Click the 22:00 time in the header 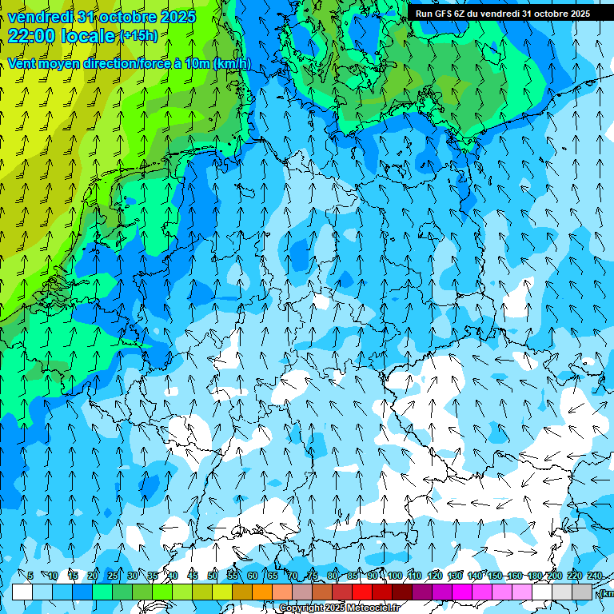tap(31, 36)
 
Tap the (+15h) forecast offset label tap(138, 35)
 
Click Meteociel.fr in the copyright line tap(372, 608)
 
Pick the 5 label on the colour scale tap(30, 576)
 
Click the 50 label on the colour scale tap(213, 576)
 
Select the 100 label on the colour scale tap(394, 576)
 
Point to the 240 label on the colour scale tap(594, 576)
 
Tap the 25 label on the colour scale tap(112, 576)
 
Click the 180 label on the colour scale tap(534, 576)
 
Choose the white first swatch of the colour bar tap(22, 592)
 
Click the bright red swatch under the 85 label tap(362, 592)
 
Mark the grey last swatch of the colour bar tap(582, 592)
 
